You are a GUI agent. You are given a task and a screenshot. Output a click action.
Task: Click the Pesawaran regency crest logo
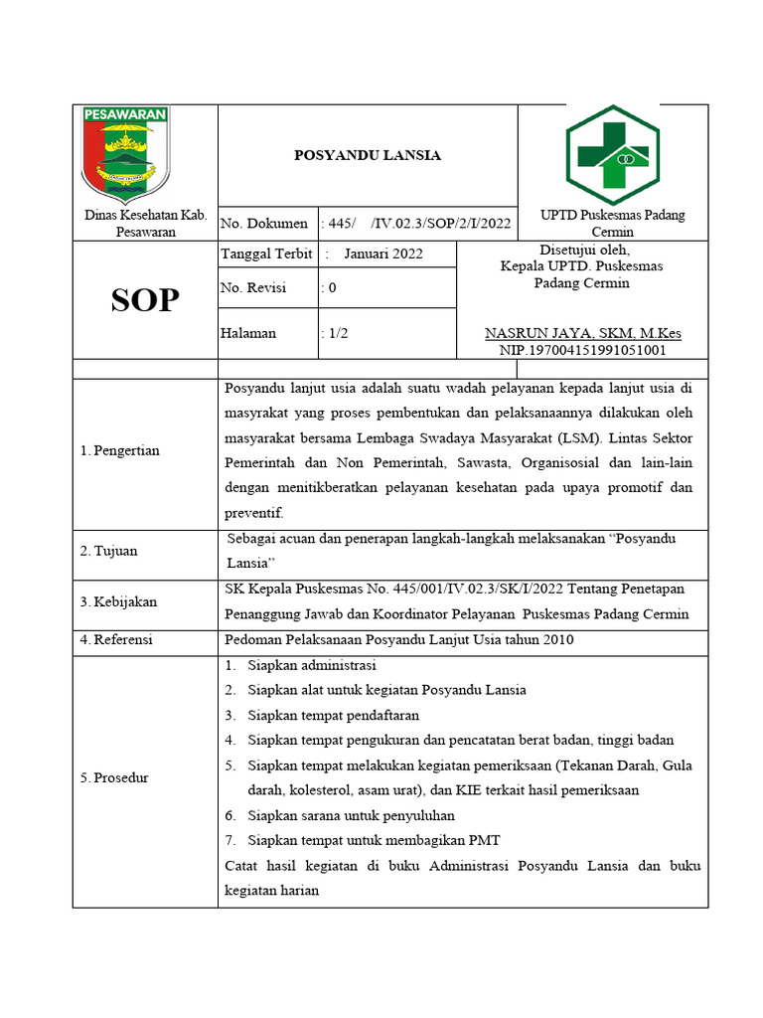pyautogui.click(x=125, y=153)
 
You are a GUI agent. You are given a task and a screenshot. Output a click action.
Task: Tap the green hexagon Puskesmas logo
pyautogui.click(x=613, y=153)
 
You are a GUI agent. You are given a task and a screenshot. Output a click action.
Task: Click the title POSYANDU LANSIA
pyautogui.click(x=368, y=155)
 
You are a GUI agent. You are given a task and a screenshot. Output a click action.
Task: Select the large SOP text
pyautogui.click(x=145, y=299)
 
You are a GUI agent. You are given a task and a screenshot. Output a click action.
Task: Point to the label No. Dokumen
pyautogui.click(x=264, y=224)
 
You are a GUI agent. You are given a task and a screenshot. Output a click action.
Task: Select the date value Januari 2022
pyautogui.click(x=382, y=254)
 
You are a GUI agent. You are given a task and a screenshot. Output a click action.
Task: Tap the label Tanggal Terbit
pyautogui.click(x=266, y=254)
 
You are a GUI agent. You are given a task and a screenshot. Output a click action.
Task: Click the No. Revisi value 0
pyautogui.click(x=332, y=288)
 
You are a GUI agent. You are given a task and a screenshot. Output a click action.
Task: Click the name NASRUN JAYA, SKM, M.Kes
pyautogui.click(x=582, y=333)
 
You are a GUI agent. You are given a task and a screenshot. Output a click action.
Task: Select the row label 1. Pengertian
pyautogui.click(x=119, y=451)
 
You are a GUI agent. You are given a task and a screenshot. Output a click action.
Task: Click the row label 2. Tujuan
pyautogui.click(x=109, y=551)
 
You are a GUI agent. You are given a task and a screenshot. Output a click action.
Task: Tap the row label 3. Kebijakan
pyautogui.click(x=118, y=601)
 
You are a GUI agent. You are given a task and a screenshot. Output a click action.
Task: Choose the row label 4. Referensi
pyautogui.click(x=116, y=640)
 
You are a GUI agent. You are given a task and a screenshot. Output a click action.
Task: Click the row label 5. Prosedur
pyautogui.click(x=114, y=777)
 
